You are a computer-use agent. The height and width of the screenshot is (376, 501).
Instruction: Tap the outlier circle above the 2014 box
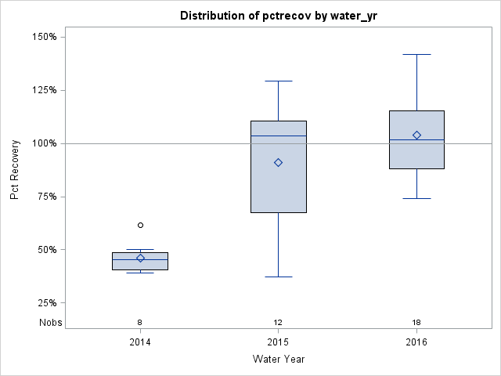click(x=140, y=225)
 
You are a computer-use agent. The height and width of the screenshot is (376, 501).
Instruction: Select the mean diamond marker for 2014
click(x=140, y=258)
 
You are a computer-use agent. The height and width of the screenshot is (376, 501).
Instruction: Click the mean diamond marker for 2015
click(x=278, y=162)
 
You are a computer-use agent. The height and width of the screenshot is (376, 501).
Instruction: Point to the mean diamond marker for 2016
click(x=416, y=135)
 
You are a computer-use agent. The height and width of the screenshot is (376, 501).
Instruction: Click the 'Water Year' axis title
click(x=278, y=360)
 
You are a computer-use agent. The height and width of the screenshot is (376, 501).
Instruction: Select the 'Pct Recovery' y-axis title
click(x=15, y=170)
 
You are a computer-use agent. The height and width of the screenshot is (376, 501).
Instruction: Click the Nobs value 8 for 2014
click(x=140, y=322)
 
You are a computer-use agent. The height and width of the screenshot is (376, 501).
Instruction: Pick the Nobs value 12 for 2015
click(x=278, y=322)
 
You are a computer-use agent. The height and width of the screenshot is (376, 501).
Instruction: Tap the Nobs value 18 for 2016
click(x=416, y=322)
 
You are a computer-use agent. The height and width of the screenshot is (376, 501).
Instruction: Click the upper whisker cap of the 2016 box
click(x=416, y=55)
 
